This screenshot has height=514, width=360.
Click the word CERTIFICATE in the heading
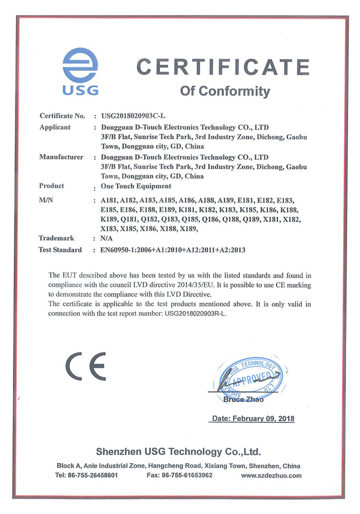(x=222, y=67)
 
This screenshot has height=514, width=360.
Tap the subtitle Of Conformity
(x=225, y=91)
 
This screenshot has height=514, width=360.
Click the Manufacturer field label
(x=61, y=157)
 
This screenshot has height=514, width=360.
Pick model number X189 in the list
(x=188, y=229)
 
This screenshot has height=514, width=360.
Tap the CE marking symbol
(x=85, y=366)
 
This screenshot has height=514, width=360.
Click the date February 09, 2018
(x=253, y=419)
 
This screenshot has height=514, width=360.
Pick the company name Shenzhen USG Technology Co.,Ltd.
(x=178, y=452)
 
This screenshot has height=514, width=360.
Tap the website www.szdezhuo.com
(x=271, y=475)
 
